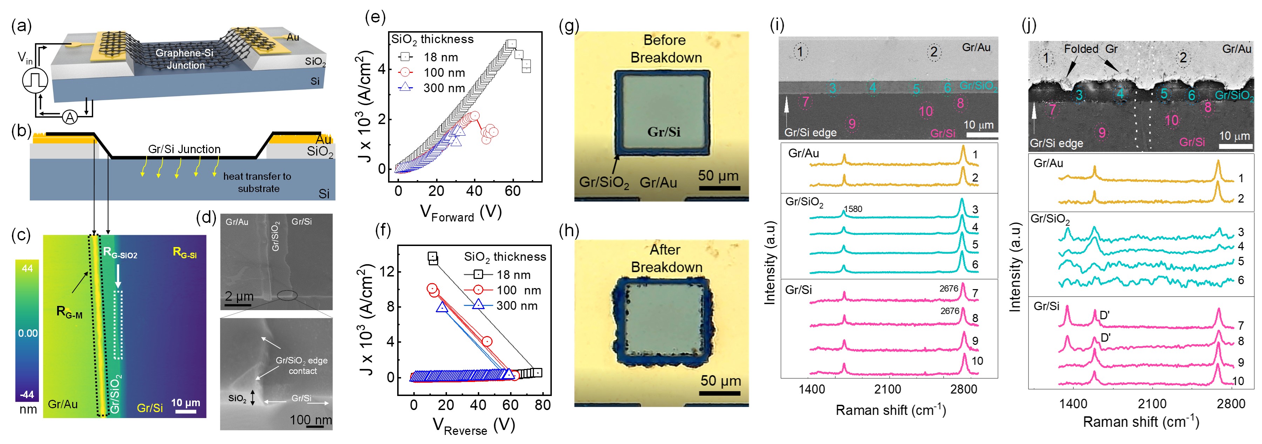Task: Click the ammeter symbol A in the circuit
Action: (70, 117)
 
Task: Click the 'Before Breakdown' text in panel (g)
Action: (665, 49)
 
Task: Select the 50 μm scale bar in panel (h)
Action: (720, 385)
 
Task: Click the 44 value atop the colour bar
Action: (27, 268)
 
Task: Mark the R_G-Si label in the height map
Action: (185, 253)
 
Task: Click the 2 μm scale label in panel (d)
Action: (239, 296)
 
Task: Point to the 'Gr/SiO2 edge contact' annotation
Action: (302, 366)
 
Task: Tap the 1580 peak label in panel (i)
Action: (853, 209)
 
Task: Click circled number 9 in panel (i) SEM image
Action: (852, 124)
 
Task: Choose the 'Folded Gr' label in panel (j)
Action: (1091, 49)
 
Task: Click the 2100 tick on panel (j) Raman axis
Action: (1152, 404)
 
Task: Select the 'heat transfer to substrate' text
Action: (258, 183)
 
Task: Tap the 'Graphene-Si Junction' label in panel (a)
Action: (185, 59)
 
